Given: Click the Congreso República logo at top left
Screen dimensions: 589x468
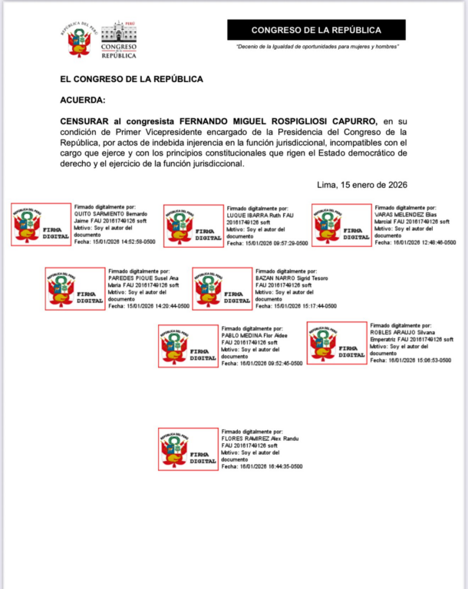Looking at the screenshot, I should [100, 40].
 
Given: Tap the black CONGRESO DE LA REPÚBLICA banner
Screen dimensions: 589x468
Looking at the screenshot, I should [316, 30].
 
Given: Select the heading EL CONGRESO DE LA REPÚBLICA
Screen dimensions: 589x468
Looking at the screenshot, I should [131, 79].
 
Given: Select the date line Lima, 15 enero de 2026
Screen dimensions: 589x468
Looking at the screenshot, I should [361, 185].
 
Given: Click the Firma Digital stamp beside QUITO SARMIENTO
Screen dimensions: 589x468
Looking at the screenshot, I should [41, 225].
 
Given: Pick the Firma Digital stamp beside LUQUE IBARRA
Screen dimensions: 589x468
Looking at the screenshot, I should [192, 225].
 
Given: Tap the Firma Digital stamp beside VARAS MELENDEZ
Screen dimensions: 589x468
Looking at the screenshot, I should [341, 225].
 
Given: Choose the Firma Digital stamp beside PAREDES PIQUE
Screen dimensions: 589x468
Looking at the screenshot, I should [75, 289].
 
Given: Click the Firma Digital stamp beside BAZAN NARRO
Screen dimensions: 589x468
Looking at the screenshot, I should [222, 289].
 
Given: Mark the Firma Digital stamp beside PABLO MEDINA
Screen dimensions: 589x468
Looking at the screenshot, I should [189, 346].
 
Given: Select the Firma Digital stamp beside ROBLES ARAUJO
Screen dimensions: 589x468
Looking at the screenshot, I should [337, 343].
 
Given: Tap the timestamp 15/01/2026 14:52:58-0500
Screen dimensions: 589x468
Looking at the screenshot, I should [120, 242].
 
